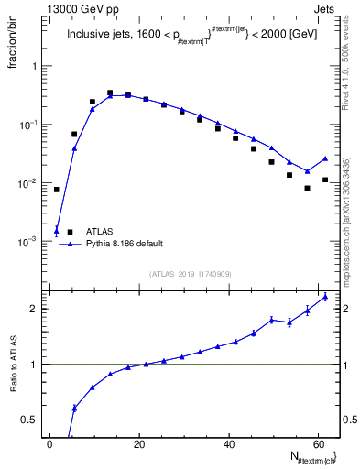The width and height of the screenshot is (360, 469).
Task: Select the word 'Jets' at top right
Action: (x=326, y=8)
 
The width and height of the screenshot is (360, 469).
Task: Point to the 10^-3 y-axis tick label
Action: (x=29, y=241)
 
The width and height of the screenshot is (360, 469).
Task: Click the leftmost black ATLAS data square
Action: (x=57, y=190)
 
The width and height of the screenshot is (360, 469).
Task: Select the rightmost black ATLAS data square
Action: (x=325, y=180)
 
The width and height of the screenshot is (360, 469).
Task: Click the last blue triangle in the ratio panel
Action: (x=325, y=297)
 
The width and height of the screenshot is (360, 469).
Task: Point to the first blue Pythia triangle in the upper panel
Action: (x=57, y=230)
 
